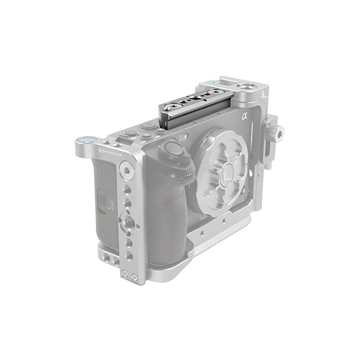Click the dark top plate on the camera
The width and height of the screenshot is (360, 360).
pos(196,108)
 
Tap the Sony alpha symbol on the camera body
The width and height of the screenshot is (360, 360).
pos(245,117)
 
